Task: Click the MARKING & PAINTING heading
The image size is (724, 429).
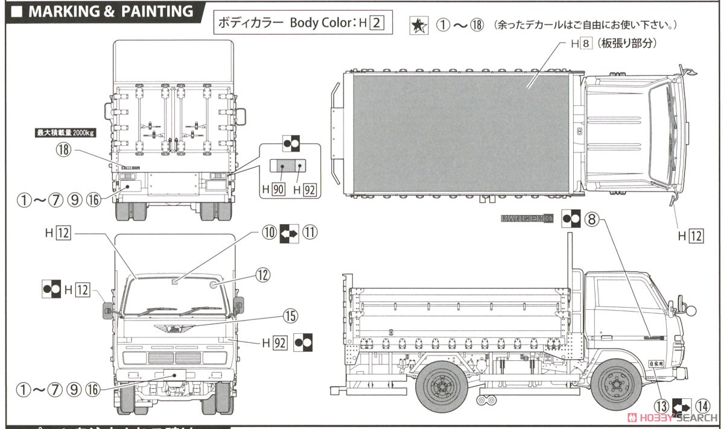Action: (103, 11)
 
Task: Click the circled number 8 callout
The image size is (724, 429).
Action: (592, 221)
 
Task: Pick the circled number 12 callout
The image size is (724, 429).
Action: (261, 275)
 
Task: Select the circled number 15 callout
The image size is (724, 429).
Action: (291, 315)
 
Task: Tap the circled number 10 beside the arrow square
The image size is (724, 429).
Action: (269, 233)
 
